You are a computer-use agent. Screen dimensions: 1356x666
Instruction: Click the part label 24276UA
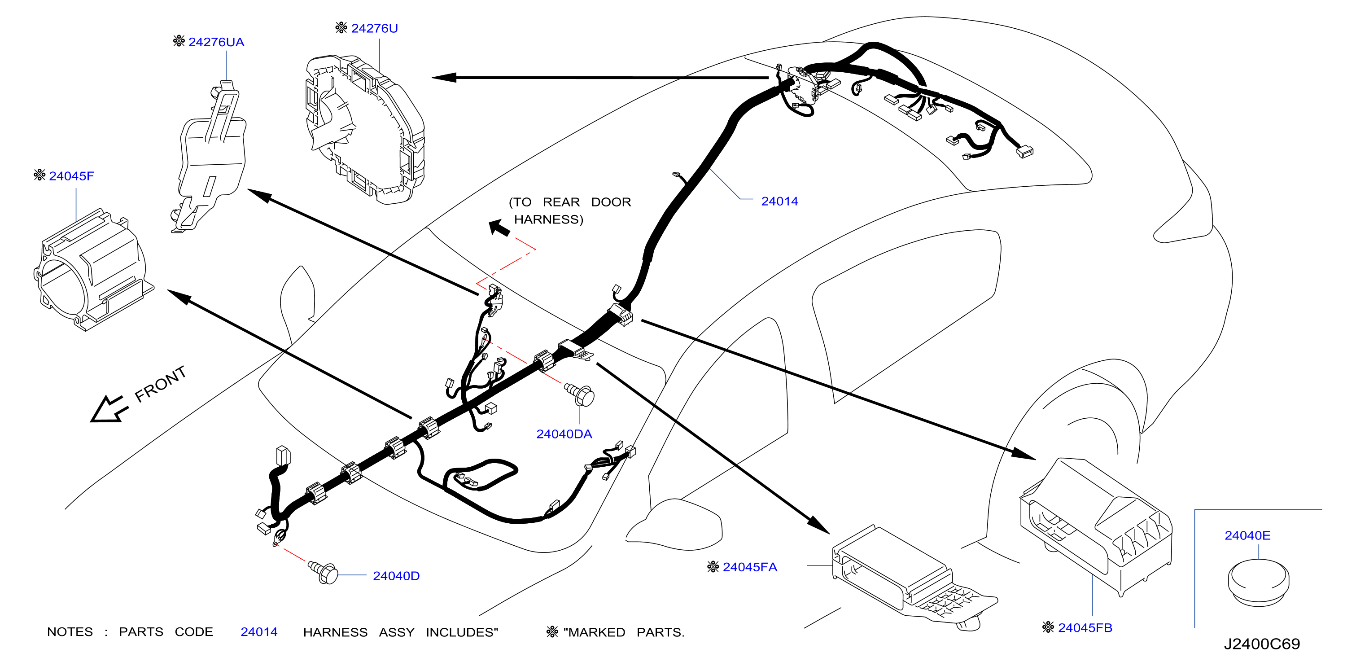pyautogui.click(x=216, y=42)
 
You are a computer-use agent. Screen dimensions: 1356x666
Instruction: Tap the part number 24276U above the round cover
pyautogui.click(x=374, y=28)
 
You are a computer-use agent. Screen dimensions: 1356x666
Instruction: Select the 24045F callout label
pyautogui.click(x=72, y=176)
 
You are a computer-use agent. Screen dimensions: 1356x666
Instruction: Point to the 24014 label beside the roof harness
pyautogui.click(x=779, y=201)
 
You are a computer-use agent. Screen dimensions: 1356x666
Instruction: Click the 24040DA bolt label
pyautogui.click(x=564, y=434)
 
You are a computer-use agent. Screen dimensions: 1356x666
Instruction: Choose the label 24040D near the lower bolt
pyautogui.click(x=396, y=576)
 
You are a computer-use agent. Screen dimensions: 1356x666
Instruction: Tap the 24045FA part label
pyautogui.click(x=750, y=567)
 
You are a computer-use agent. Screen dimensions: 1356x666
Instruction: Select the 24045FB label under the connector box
pyautogui.click(x=1085, y=627)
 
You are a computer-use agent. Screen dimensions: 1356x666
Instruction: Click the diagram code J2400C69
pyautogui.click(x=1262, y=644)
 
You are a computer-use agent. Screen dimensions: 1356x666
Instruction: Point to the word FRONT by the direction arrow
pyautogui.click(x=161, y=384)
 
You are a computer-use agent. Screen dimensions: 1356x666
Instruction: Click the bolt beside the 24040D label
pyautogui.click(x=323, y=572)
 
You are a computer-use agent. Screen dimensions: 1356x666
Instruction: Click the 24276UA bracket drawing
pyautogui.click(x=210, y=156)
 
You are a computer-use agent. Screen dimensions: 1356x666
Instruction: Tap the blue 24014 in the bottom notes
pyautogui.click(x=259, y=632)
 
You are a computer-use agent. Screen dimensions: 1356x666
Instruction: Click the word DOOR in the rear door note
pyautogui.click(x=611, y=202)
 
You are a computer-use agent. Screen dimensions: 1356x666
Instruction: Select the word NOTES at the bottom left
pyautogui.click(x=70, y=632)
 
